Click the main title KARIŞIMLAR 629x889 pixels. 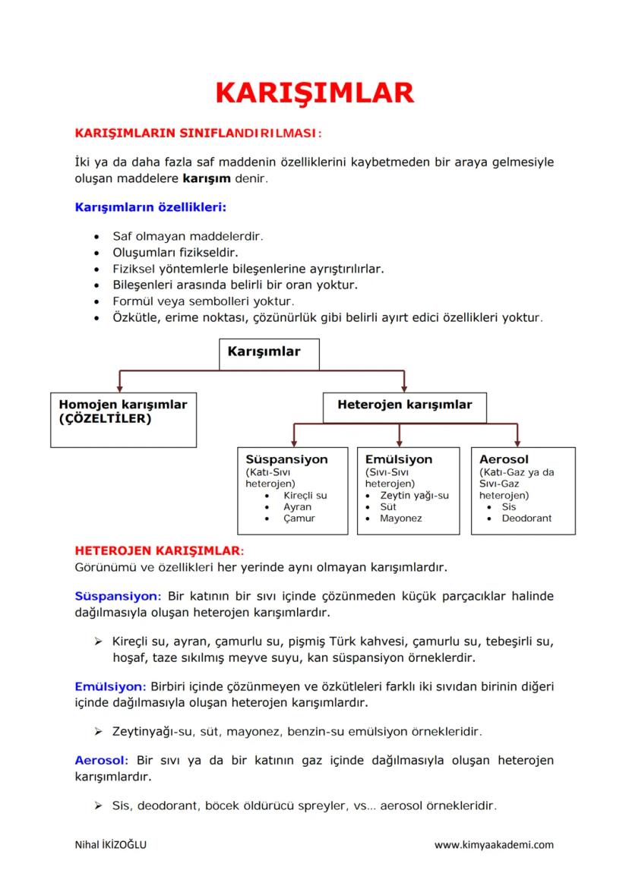pos(314,93)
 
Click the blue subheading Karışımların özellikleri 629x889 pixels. pos(150,206)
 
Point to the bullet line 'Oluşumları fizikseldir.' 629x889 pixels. pos(180,252)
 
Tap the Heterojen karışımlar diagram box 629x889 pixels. pos(404,405)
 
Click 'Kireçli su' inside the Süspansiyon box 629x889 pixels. pos(305,496)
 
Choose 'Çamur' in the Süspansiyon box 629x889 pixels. pos(299,519)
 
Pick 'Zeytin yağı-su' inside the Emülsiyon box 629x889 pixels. pos(414,496)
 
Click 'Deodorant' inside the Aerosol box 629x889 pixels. pos(526,519)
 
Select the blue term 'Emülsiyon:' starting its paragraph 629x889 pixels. pos(110,686)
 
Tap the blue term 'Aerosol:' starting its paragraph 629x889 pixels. pos(102,760)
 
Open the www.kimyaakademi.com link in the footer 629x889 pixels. pos(494,845)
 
